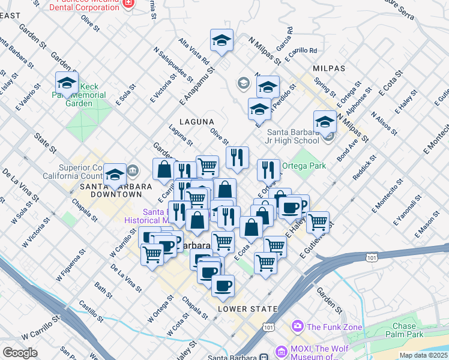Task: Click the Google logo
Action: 20,353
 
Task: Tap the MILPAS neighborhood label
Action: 328,68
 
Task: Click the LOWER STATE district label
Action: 248,309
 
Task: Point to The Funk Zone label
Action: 330,327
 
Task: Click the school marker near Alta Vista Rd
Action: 221,41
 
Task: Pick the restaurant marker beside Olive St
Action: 237,157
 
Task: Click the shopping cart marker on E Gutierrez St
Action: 318,222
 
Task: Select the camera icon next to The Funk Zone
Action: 297,327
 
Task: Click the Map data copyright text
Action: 424,355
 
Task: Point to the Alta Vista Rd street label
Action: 194,52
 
